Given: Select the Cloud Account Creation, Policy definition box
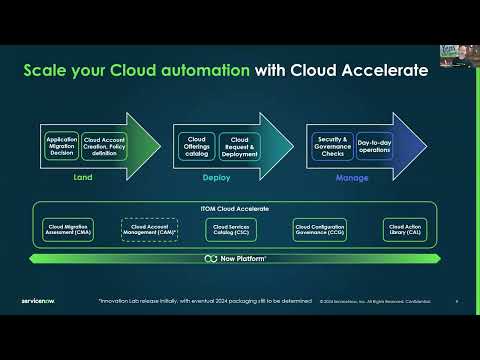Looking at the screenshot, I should (x=104, y=146).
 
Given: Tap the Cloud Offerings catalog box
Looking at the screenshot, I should (x=195, y=146).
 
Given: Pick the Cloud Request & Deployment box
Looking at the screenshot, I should (x=239, y=146).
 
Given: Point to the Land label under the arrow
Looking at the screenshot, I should (x=84, y=178).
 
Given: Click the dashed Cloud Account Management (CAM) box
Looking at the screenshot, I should (x=150, y=229).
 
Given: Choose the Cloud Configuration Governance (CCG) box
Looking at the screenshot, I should (x=320, y=229).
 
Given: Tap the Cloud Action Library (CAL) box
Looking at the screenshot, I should (x=404, y=229).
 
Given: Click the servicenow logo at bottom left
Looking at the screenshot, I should (x=40, y=299).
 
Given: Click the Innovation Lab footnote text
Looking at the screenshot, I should (x=200, y=300).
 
